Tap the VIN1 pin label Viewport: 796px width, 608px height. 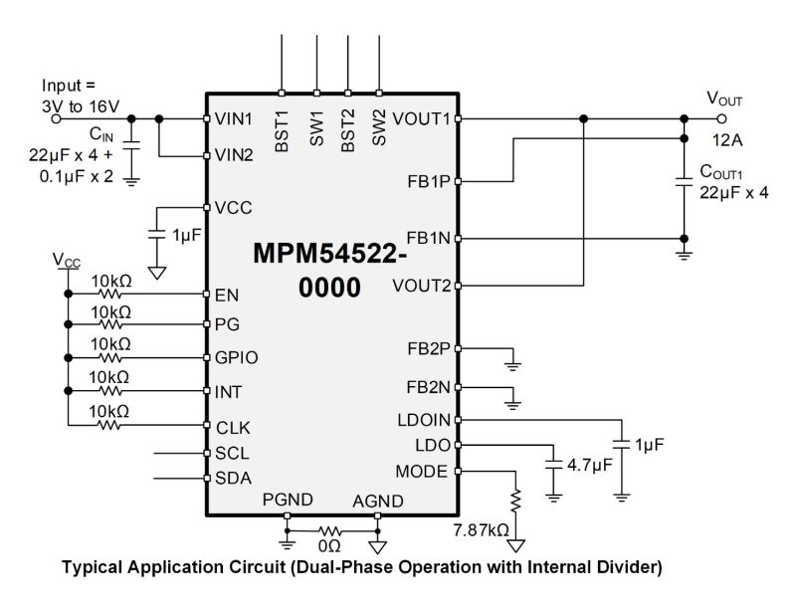(232, 117)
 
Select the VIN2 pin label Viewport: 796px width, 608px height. (233, 155)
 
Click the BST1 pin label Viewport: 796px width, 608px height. (283, 131)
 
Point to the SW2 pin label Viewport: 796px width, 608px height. (378, 130)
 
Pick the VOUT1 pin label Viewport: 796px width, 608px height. (421, 117)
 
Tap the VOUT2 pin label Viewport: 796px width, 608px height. (421, 287)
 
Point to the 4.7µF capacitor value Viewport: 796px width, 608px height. (588, 463)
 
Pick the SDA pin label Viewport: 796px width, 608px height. (233, 477)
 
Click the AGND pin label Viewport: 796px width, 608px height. (377, 500)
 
